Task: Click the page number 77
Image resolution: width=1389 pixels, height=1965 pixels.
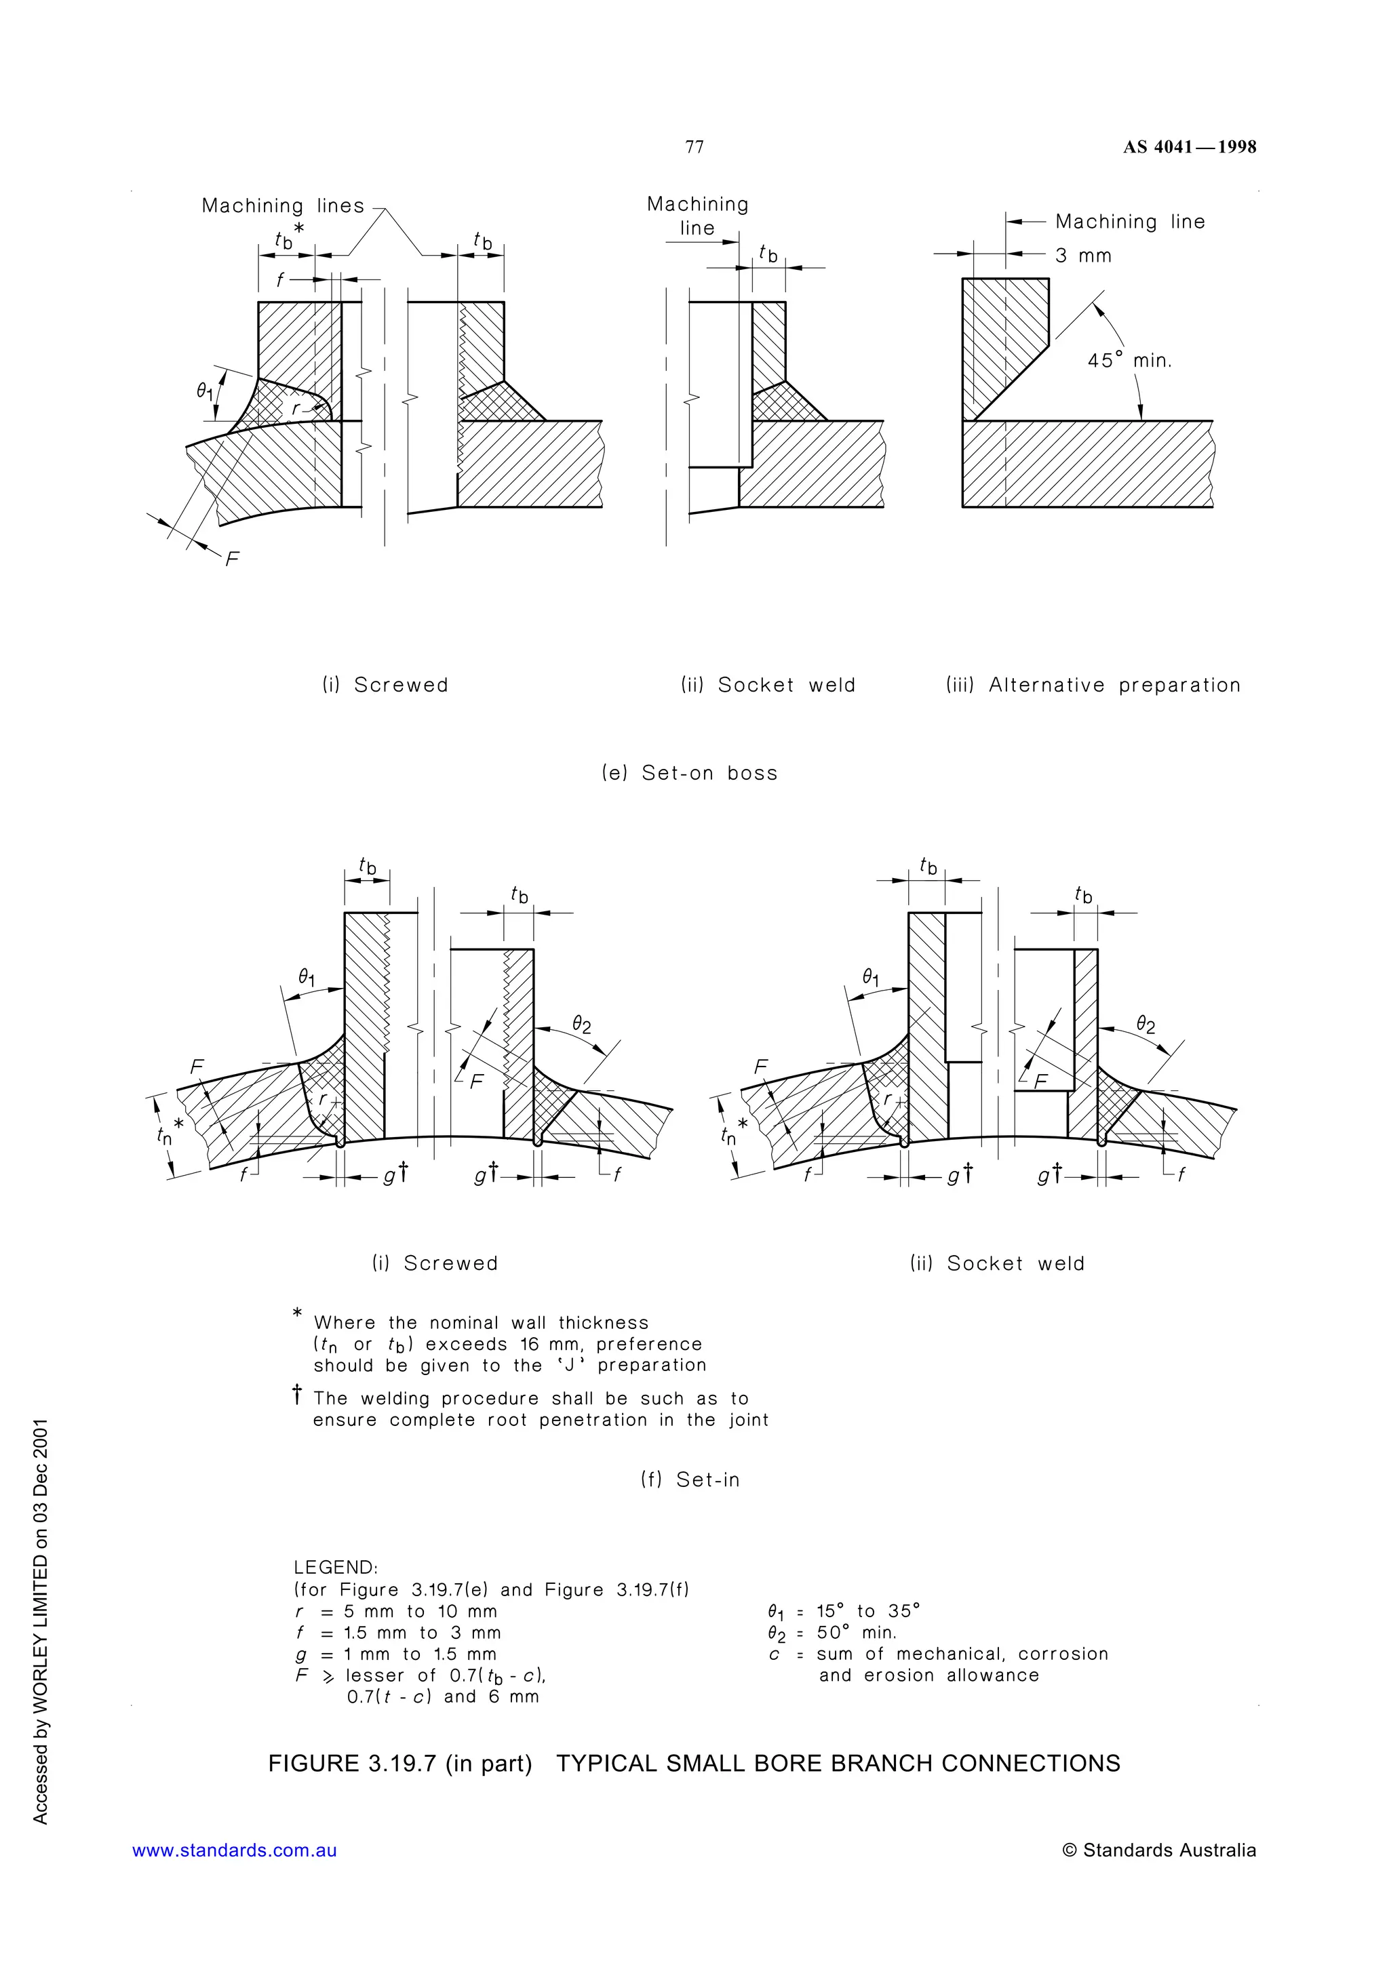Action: click(x=694, y=147)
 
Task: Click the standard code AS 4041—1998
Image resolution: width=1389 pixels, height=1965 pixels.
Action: click(x=1190, y=147)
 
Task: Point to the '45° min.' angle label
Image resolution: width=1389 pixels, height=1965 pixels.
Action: click(x=1129, y=360)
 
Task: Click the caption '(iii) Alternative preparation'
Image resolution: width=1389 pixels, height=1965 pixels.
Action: click(x=1093, y=685)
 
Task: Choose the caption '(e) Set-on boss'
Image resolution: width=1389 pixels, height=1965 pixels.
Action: click(x=690, y=773)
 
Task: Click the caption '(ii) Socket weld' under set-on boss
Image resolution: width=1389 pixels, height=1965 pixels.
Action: click(x=768, y=685)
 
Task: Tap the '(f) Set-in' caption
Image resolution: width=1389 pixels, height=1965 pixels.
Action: click(x=690, y=1479)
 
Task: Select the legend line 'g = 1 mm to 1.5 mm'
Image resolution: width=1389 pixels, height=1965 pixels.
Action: click(x=395, y=1654)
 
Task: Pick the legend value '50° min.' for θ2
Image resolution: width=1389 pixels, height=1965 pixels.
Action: click(x=856, y=1632)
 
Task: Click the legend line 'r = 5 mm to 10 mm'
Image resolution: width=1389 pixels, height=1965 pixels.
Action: click(x=395, y=1610)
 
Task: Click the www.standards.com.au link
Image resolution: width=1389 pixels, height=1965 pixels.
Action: click(x=235, y=1850)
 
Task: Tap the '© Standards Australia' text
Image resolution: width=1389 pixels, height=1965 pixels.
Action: click(x=1159, y=1850)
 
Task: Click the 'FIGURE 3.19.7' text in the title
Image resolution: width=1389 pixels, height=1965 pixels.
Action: click(x=353, y=1763)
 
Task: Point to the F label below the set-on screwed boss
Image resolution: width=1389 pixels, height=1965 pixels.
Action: click(x=232, y=559)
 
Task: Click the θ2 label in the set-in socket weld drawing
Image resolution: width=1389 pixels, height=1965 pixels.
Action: click(x=1145, y=1025)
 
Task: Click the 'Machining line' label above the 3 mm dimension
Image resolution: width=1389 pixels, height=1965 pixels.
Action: click(x=1130, y=222)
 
